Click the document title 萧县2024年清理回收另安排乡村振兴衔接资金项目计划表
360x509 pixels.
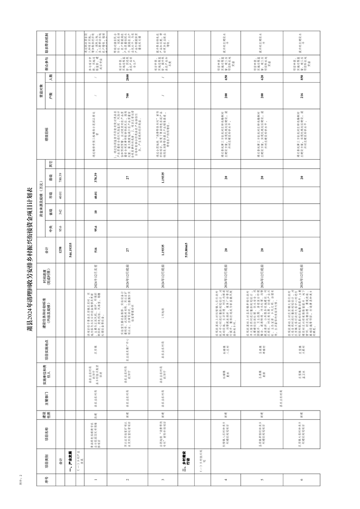[29, 254]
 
